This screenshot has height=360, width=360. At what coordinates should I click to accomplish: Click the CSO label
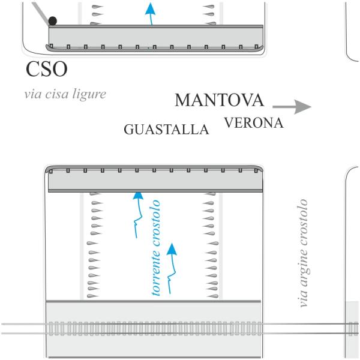46,69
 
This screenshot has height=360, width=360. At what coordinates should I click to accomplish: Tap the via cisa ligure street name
65,94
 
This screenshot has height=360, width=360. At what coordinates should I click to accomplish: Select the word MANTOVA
219,100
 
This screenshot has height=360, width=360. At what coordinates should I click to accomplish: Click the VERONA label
253,123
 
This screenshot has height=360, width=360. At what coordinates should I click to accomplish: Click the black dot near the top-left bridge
53,21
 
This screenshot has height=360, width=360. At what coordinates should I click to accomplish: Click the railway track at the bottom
180,329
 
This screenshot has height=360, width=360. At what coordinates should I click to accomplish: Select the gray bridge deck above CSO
155,37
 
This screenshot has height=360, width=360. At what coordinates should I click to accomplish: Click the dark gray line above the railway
154,300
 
